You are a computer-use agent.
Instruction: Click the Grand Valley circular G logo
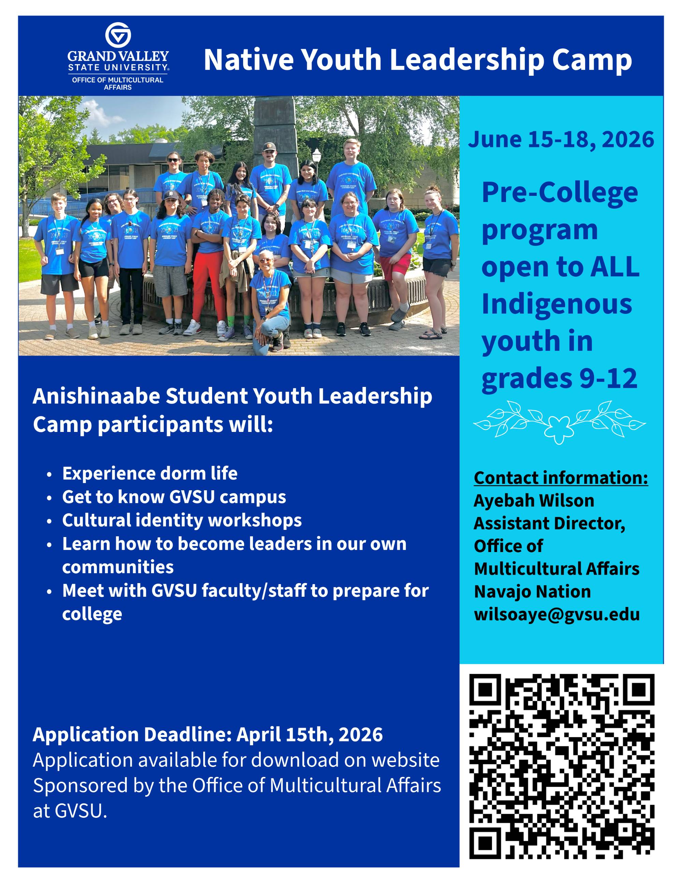[x=118, y=35]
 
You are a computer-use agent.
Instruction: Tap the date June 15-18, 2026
[x=561, y=140]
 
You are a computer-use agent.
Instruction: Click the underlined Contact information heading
[x=561, y=478]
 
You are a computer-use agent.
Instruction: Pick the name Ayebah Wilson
[x=534, y=501]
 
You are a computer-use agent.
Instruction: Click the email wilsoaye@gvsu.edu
[x=557, y=615]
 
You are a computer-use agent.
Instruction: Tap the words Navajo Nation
[x=532, y=592]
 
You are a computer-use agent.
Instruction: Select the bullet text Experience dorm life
[x=150, y=474]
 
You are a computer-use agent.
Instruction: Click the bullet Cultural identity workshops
[x=182, y=521]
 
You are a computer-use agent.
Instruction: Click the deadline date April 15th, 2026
[x=310, y=735]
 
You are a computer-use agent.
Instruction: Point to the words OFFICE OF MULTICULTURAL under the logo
[x=118, y=80]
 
